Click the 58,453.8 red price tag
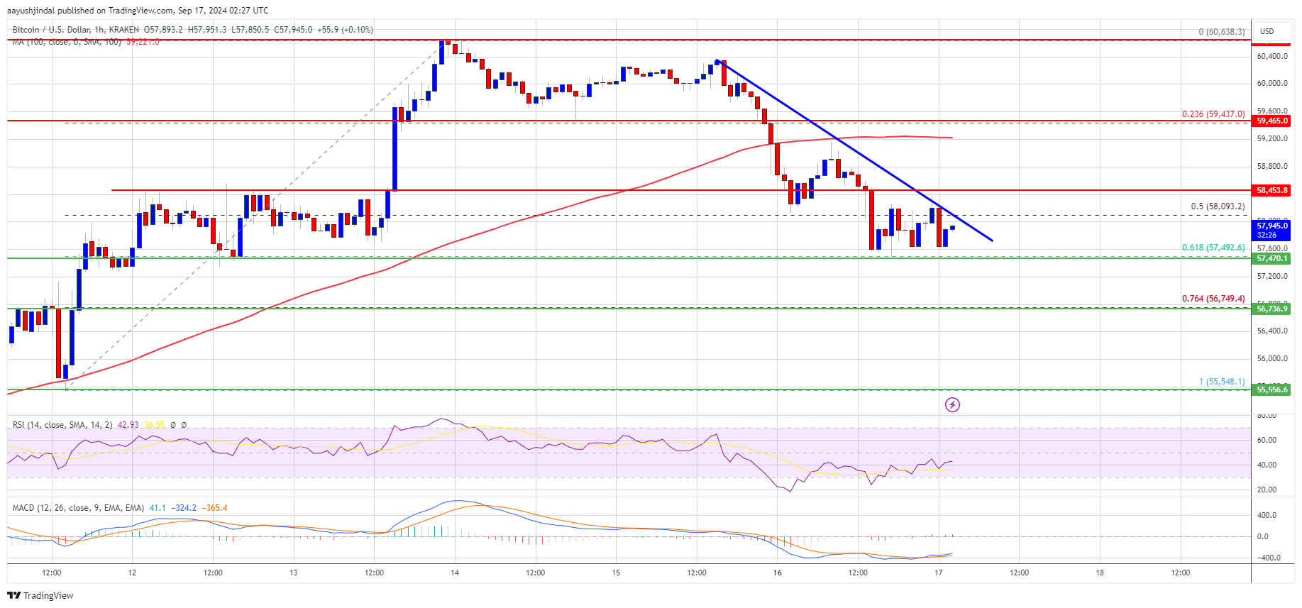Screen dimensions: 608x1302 pyautogui.click(x=1272, y=191)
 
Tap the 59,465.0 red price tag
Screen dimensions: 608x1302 pyautogui.click(x=1272, y=121)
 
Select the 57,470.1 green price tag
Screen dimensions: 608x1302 pyautogui.click(x=1272, y=259)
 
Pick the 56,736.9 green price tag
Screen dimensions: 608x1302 pyautogui.click(x=1272, y=309)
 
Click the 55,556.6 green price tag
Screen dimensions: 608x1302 pyautogui.click(x=1272, y=389)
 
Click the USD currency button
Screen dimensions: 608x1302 pyautogui.click(x=1267, y=31)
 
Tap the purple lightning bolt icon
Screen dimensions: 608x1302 pyautogui.click(x=952, y=404)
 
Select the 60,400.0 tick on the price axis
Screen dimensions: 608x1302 pyautogui.click(x=1272, y=56)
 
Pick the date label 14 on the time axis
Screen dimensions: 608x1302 pyautogui.click(x=455, y=573)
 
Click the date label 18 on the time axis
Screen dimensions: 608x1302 pyautogui.click(x=1100, y=573)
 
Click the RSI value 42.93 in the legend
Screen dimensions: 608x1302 pyautogui.click(x=128, y=425)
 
